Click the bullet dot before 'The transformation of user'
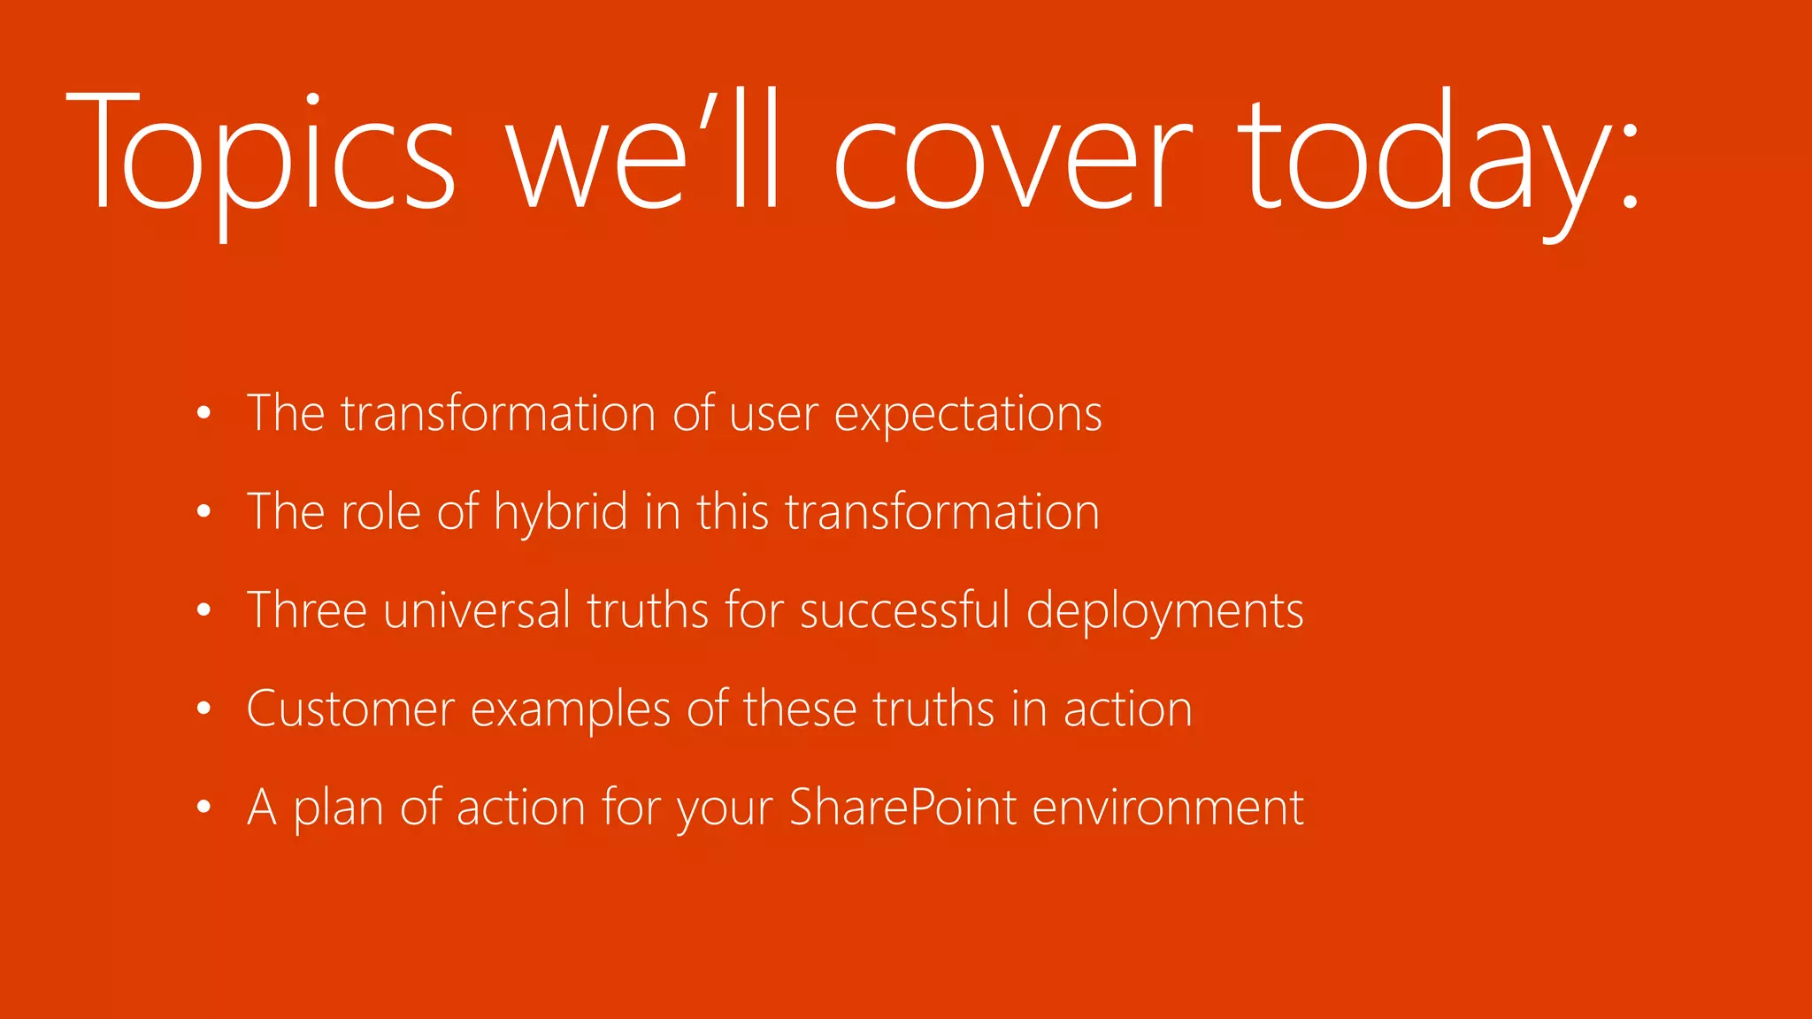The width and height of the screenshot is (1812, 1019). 204,413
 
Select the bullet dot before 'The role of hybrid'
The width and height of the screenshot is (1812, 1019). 204,511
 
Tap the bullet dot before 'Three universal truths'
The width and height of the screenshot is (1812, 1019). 204,610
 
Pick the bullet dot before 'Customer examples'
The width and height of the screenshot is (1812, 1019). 204,709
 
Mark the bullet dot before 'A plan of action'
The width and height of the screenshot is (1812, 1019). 204,807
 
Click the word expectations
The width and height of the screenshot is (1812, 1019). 968,414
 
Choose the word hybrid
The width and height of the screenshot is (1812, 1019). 561,512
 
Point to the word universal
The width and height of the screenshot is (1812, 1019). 477,610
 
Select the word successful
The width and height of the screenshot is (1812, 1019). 904,610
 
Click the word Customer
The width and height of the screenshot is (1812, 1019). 350,709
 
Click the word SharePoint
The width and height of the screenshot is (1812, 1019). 902,807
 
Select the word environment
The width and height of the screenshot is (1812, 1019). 1168,807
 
